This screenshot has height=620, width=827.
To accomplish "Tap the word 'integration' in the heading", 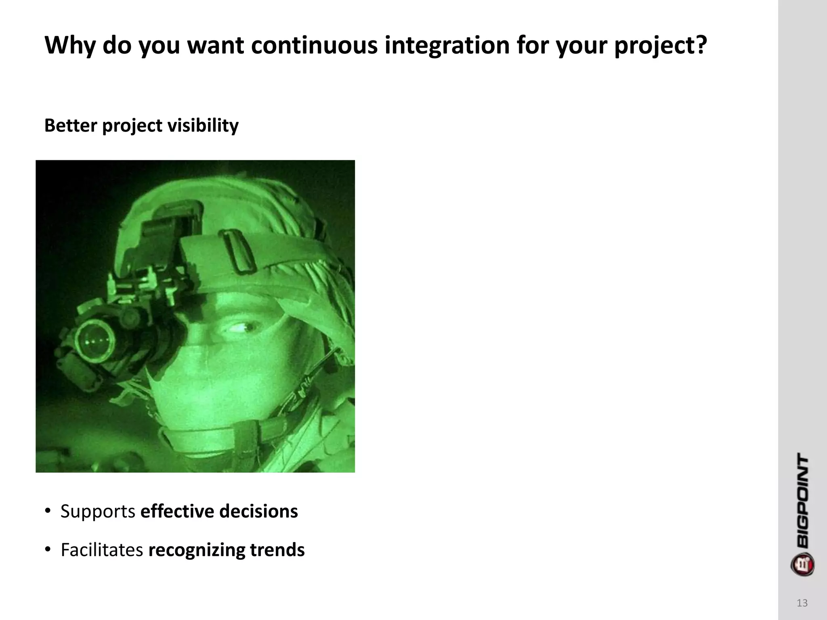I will [x=447, y=45].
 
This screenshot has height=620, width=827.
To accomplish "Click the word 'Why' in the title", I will [x=69, y=45].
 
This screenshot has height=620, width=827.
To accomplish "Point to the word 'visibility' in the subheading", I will [x=203, y=125].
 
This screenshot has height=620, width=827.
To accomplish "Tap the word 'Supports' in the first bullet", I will [x=98, y=511].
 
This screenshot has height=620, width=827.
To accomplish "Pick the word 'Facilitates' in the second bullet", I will [x=102, y=550].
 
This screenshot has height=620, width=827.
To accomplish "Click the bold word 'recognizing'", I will [x=197, y=550].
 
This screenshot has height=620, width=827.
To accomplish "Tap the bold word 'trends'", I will [x=277, y=550].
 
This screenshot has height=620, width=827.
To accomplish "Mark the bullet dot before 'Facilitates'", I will [x=48, y=550].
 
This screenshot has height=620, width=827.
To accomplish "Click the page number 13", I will [x=802, y=603].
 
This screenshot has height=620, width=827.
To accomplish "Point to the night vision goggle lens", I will [x=95, y=338].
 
